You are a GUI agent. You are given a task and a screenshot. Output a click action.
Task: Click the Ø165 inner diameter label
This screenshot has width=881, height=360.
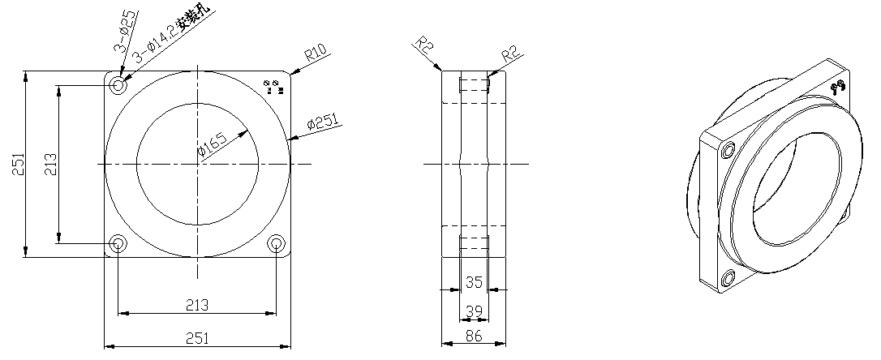pyautogui.click(x=213, y=144)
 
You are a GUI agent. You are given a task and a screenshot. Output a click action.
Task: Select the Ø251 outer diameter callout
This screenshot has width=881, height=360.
pyautogui.click(x=323, y=123)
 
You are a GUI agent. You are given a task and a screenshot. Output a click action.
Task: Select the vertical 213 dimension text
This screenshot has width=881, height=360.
pyautogui.click(x=51, y=165)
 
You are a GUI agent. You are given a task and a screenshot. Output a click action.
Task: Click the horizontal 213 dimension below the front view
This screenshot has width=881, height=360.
pyautogui.click(x=197, y=305)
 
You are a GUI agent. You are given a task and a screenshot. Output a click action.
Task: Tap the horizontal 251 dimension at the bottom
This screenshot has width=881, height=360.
pyautogui.click(x=197, y=338)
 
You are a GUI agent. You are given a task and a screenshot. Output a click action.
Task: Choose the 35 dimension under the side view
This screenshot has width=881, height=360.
pyautogui.click(x=475, y=281)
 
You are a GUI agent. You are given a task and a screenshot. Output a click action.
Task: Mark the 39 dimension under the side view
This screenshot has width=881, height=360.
pyautogui.click(x=475, y=311)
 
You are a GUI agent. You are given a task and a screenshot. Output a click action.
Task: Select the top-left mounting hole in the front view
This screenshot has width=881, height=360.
pyautogui.click(x=119, y=84)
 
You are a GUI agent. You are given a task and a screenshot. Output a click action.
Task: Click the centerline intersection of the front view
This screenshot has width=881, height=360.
pyautogui.click(x=197, y=164)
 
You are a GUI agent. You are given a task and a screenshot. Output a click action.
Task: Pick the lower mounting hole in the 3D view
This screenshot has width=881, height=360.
pyautogui.click(x=726, y=279)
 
